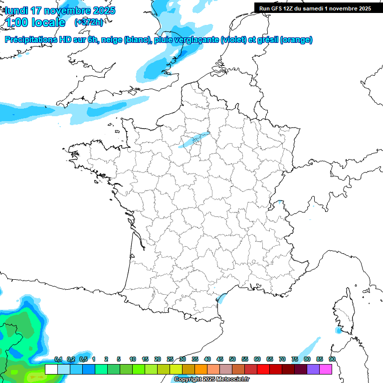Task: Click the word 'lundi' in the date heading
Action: coord(16,10)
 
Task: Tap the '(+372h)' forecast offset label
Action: coord(88,22)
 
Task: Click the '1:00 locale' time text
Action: coord(35,22)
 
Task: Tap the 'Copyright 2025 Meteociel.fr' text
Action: coord(212,380)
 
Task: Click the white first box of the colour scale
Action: coord(51,369)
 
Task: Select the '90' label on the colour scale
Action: coord(332,359)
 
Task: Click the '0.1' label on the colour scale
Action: coord(58,359)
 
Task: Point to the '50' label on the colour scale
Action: coord(232,359)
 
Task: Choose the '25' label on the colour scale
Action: coord(170,359)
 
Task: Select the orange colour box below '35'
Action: coord(201,369)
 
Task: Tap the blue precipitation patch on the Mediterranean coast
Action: coord(222,298)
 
